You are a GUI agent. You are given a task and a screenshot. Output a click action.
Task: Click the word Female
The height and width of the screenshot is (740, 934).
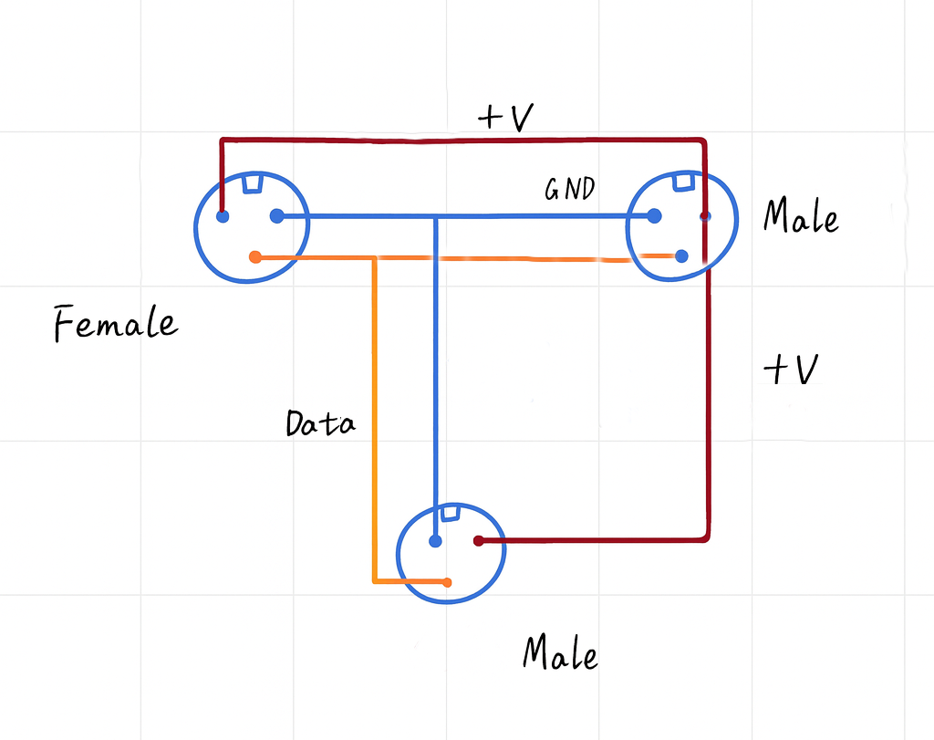116,323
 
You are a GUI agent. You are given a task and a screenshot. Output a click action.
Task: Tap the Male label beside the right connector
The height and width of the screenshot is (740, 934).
801,215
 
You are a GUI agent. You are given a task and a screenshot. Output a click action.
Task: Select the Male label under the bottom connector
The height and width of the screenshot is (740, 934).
560,652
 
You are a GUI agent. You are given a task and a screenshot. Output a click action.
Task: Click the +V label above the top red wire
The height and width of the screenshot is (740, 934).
505,117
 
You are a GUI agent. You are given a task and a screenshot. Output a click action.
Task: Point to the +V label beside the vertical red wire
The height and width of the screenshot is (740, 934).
791,369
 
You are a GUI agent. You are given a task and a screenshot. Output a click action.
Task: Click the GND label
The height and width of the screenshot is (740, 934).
569,189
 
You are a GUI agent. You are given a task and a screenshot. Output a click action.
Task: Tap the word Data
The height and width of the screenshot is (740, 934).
320,423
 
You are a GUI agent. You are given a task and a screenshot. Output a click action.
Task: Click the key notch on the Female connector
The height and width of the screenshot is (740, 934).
252,182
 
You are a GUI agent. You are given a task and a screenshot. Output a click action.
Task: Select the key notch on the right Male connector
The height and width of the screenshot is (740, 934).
683,181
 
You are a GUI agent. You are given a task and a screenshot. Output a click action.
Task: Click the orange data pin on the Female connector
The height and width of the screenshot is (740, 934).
255,257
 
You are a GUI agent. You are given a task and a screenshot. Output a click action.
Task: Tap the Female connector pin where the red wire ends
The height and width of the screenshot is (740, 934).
223,216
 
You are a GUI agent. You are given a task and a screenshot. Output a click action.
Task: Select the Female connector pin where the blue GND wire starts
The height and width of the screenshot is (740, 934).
277,215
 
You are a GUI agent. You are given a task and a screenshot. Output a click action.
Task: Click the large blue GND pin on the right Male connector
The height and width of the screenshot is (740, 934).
654,215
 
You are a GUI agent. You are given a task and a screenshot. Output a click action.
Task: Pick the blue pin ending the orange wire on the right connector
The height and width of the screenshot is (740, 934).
682,256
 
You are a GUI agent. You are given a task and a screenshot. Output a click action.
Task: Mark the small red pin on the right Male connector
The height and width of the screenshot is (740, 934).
705,215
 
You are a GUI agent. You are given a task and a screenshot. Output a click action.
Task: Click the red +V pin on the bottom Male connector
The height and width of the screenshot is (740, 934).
478,541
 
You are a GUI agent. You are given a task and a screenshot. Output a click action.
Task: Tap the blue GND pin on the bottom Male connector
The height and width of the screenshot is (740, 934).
435,541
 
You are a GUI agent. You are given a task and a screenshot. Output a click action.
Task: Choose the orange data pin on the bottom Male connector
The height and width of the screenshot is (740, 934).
447,583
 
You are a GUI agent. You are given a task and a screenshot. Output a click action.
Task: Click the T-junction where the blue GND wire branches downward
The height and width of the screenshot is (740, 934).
435,217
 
